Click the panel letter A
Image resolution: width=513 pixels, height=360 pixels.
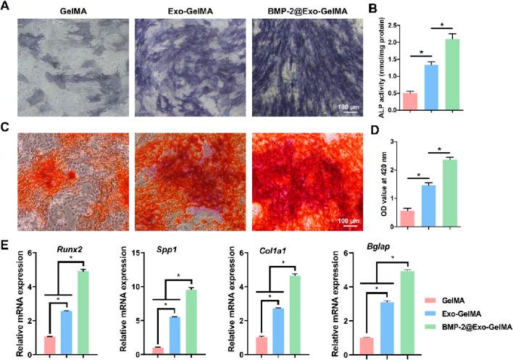coord(7,7)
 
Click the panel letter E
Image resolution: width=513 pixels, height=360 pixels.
coord(7,246)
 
